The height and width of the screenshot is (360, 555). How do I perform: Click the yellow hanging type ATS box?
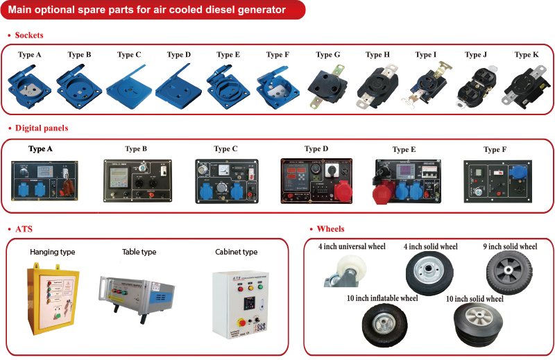[53, 301]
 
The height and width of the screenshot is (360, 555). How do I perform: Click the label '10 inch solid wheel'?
[475, 299]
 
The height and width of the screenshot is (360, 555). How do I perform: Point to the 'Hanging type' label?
[53, 252]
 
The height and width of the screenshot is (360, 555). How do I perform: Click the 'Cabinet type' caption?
[236, 252]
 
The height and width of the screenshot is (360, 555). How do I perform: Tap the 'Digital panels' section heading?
[42, 128]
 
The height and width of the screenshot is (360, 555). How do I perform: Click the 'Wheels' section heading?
[330, 229]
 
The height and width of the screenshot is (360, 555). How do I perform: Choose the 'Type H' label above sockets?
[377, 55]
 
